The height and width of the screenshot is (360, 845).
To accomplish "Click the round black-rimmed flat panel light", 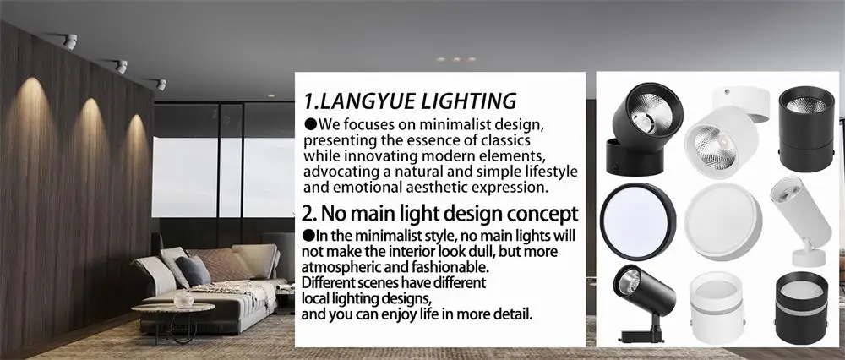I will (638, 221).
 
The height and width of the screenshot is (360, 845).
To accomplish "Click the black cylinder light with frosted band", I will (801, 305).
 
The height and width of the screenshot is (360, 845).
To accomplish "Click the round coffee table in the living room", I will (173, 311).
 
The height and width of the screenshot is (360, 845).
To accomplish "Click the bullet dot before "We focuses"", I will (309, 125).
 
